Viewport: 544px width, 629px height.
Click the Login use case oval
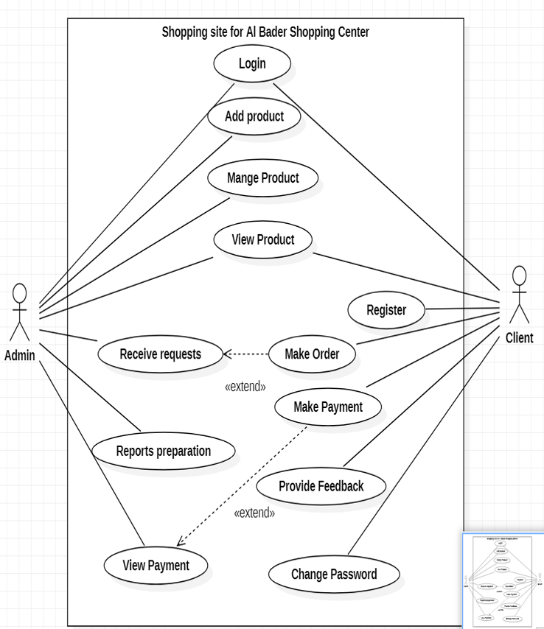(x=252, y=63)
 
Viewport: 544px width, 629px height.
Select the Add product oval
(x=254, y=116)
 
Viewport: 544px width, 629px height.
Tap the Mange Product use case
(x=263, y=178)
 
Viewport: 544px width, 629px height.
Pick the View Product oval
(x=263, y=240)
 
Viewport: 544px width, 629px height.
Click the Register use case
(x=386, y=310)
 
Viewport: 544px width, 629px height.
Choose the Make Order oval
(x=312, y=354)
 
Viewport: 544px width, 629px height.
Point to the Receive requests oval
(x=160, y=354)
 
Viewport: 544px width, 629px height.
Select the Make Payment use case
(x=328, y=407)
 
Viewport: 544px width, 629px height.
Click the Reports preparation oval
(x=164, y=451)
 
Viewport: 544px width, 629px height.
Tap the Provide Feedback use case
(x=321, y=486)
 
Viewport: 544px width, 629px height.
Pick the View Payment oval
(x=156, y=566)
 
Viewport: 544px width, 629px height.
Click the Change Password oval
(x=334, y=574)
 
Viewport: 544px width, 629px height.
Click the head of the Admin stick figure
(x=20, y=293)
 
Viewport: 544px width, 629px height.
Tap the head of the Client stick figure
(x=520, y=276)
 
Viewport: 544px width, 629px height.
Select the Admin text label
(x=20, y=356)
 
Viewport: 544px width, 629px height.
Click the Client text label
(x=520, y=339)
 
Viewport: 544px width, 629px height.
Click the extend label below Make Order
(x=245, y=387)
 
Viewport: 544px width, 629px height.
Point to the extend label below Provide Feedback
(x=254, y=513)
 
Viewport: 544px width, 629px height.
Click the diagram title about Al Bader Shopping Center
(x=265, y=32)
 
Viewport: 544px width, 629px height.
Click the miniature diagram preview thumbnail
(x=503, y=580)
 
